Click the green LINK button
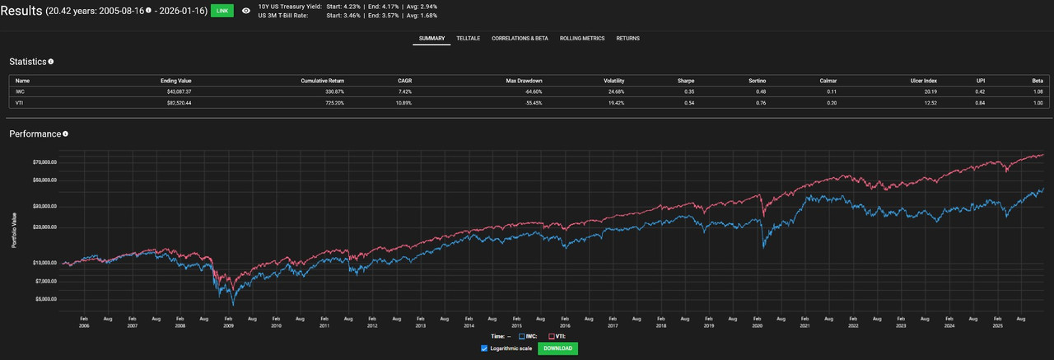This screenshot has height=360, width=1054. (221, 11)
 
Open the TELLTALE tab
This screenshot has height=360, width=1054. (469, 39)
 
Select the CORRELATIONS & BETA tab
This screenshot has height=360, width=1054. (520, 39)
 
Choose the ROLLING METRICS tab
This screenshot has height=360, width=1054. (582, 39)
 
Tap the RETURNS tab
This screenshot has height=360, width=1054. (627, 39)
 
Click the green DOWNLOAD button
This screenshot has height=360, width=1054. (557, 348)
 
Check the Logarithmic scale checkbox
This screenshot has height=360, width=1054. (484, 348)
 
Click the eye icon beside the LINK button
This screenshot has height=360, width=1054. (245, 11)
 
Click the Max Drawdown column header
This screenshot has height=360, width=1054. (524, 81)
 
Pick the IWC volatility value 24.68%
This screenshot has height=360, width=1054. (614, 91)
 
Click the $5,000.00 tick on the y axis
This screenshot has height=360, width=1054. (43, 299)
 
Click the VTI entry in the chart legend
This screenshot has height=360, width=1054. (557, 336)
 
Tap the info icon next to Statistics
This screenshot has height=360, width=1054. (51, 62)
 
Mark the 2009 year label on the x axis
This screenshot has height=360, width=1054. (227, 326)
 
